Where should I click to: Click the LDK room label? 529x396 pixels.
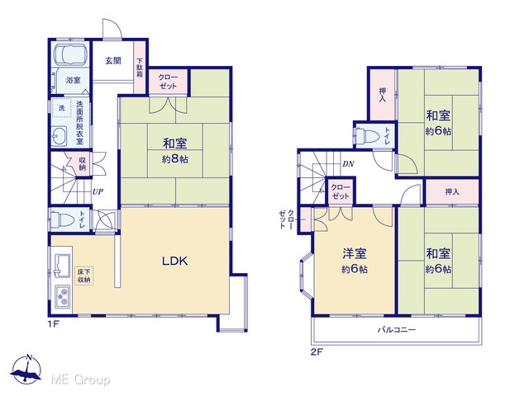[x=174, y=261]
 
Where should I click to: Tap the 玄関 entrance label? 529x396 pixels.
[x=113, y=61]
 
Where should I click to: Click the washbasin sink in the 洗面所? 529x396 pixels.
[x=59, y=137]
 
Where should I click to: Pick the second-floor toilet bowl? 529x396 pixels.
[x=368, y=135]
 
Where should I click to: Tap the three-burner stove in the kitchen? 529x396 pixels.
[x=63, y=297]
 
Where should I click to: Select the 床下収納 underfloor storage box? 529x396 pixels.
[x=83, y=276]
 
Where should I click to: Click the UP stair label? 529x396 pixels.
[x=98, y=192]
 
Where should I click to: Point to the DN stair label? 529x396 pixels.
[x=348, y=164]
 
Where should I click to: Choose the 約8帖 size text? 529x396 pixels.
[x=174, y=159]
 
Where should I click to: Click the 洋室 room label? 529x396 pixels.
[x=355, y=253]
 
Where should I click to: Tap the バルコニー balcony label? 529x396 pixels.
[x=397, y=330]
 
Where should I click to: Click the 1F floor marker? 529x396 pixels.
[x=53, y=324]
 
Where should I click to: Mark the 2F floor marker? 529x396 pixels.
[x=317, y=352]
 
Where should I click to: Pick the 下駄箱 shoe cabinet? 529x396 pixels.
[x=140, y=68]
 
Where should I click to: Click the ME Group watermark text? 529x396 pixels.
[x=80, y=379]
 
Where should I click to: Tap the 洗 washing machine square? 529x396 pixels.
[x=62, y=108]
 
